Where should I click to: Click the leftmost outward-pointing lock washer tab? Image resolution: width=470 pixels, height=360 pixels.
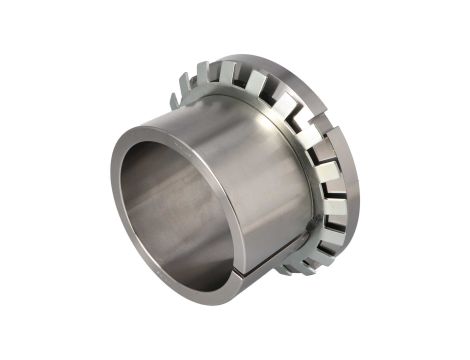pos(176,99)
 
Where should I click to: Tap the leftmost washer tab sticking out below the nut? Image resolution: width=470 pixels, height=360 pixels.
pos(279,268)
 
